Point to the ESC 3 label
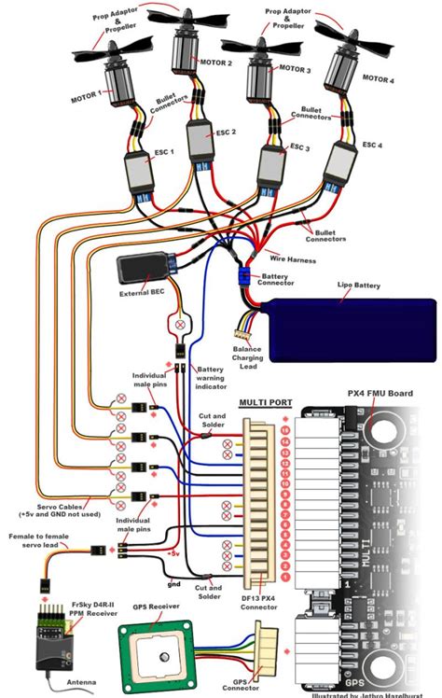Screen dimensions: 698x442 click(299, 147)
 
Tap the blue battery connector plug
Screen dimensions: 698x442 click(245, 277)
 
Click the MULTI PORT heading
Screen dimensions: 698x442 click(266, 403)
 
